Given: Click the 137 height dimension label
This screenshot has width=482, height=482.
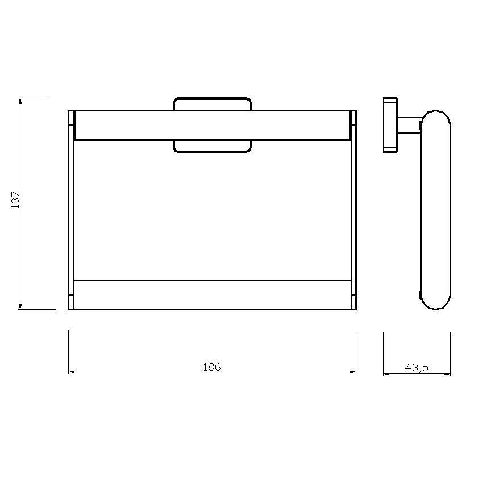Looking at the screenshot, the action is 15,200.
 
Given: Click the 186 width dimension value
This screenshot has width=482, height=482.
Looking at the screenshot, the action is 212,367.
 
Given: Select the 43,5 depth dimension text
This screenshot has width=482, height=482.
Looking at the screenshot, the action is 417,368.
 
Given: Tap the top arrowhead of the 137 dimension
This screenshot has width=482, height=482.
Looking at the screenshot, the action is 20,101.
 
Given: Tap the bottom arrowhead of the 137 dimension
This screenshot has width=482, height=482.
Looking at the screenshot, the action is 20,306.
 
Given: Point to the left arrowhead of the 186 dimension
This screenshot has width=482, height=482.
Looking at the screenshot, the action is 72,372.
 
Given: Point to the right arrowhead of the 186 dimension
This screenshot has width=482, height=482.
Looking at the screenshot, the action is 353,372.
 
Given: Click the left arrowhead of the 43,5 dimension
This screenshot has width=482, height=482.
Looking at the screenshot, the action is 387,374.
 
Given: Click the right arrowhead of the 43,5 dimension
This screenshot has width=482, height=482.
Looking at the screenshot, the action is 447,374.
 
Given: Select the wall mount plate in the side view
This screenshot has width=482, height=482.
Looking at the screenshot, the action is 390,125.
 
